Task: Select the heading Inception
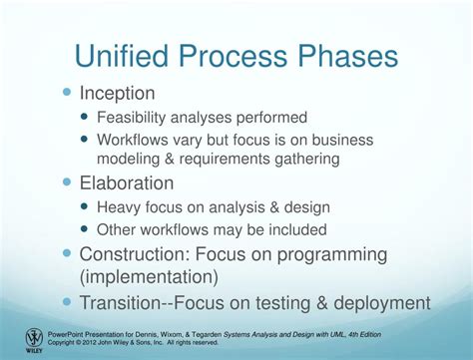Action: tap(117, 94)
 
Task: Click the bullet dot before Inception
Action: tap(68, 93)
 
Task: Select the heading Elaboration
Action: tap(126, 183)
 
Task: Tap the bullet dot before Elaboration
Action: tap(68, 182)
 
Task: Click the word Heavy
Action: tap(121, 207)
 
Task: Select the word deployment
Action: tap(383, 302)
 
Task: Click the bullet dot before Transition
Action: tap(68, 301)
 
